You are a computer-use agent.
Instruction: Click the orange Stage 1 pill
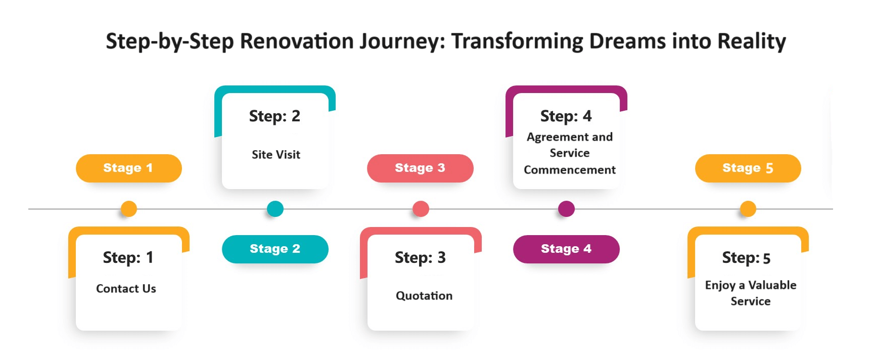pyautogui.click(x=129, y=168)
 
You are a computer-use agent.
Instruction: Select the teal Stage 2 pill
pyautogui.click(x=275, y=249)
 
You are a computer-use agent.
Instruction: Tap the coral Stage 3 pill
pyautogui.click(x=420, y=168)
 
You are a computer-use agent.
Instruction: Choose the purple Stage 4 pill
pyautogui.click(x=566, y=249)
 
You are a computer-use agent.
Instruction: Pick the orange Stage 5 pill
pyautogui.click(x=748, y=168)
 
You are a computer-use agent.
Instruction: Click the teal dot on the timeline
pyautogui.click(x=275, y=209)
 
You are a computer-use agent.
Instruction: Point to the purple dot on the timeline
pyautogui.click(x=566, y=209)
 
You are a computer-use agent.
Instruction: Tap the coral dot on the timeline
pyautogui.click(x=421, y=209)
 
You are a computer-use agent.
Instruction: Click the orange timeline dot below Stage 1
pyautogui.click(x=129, y=209)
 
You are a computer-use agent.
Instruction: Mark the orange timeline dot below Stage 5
pyautogui.click(x=748, y=209)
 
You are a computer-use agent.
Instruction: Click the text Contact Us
pyautogui.click(x=126, y=289)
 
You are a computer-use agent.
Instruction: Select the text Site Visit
pyautogui.click(x=276, y=155)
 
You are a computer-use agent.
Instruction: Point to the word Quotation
pyautogui.click(x=424, y=296)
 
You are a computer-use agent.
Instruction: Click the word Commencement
pyautogui.click(x=570, y=170)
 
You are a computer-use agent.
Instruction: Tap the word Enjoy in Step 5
pyautogui.click(x=720, y=286)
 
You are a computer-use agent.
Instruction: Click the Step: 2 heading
pyautogui.click(x=274, y=116)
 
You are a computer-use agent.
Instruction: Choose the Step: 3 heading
pyautogui.click(x=420, y=258)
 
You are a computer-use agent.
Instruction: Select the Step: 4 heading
pyautogui.click(x=566, y=116)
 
